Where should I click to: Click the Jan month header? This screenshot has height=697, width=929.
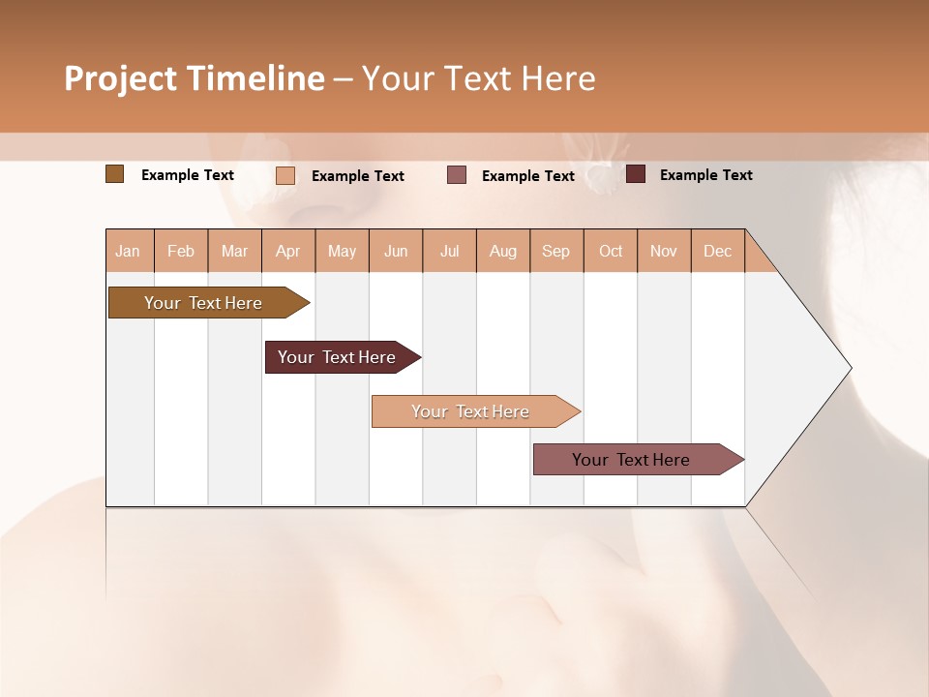(x=128, y=252)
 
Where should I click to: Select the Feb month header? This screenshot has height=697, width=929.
(x=181, y=252)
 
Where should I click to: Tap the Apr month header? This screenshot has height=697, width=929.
(x=288, y=252)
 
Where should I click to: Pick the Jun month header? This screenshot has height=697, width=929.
(x=396, y=252)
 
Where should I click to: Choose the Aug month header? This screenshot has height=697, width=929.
(x=503, y=252)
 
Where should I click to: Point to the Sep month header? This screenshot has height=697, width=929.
(x=556, y=252)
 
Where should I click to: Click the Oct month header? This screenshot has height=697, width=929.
(x=611, y=252)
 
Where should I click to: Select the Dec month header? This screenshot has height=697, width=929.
(x=717, y=252)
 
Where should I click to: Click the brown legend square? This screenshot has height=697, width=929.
(x=114, y=174)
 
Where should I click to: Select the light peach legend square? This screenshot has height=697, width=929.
(x=285, y=175)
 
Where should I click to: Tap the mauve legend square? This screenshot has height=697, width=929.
(x=457, y=175)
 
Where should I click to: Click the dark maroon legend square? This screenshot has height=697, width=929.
(x=636, y=174)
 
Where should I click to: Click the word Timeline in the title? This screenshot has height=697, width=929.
(x=255, y=78)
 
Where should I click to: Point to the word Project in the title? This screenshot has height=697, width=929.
(x=120, y=78)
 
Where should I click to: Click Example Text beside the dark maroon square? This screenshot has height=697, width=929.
(x=705, y=175)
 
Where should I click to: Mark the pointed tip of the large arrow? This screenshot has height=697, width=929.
(x=851, y=368)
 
